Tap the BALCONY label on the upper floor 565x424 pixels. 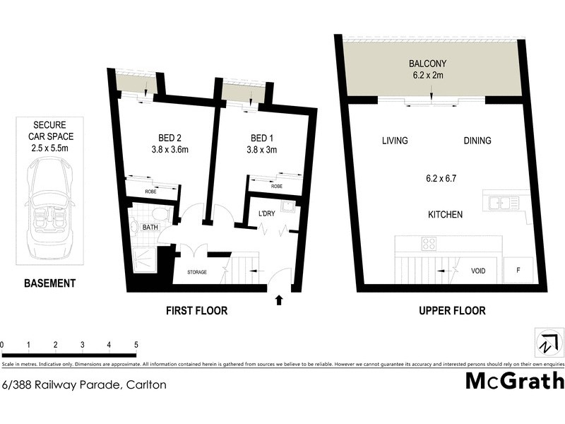point(427,63)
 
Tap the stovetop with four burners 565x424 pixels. point(429,244)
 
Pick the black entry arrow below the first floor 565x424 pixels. point(279,300)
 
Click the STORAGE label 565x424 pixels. point(197,272)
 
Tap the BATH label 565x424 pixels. point(150,227)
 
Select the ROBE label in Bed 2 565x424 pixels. point(151,191)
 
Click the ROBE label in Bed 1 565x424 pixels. point(276,186)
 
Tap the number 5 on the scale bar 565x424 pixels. point(136,344)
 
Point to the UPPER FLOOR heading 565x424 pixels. point(452,311)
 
